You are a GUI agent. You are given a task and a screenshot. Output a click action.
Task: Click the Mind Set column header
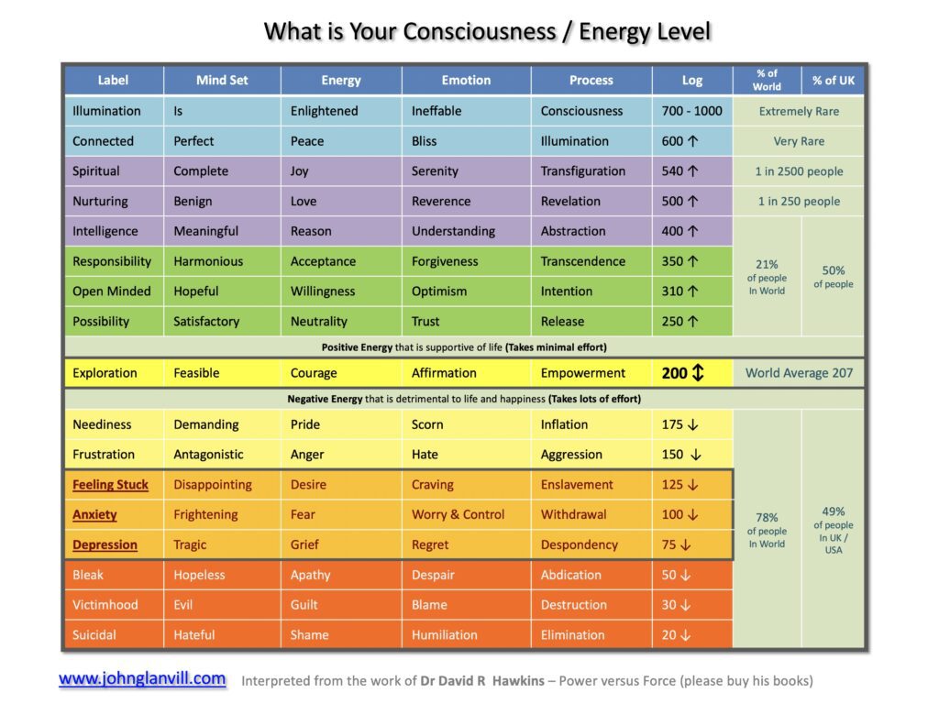(x=222, y=81)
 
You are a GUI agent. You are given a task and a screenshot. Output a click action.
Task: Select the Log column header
(x=692, y=81)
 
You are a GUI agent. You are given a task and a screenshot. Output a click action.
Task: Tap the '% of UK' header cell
(x=833, y=81)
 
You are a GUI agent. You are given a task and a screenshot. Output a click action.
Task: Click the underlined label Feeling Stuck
(x=110, y=485)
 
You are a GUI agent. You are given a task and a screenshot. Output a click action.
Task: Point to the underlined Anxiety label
(x=94, y=515)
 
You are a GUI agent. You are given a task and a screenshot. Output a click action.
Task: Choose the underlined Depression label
(x=105, y=544)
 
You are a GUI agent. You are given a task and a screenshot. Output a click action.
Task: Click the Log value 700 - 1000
(x=691, y=111)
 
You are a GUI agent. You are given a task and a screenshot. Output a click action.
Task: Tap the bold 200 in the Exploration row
(x=674, y=373)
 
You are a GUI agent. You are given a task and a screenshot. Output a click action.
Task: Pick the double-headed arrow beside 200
(x=698, y=373)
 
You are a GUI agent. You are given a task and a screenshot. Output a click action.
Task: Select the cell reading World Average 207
(x=799, y=373)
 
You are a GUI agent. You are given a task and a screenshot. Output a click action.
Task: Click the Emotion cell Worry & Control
(x=458, y=514)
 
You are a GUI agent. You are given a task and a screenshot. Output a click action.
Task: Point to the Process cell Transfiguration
(x=582, y=171)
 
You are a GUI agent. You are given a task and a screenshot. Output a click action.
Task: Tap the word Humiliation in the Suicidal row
(x=445, y=634)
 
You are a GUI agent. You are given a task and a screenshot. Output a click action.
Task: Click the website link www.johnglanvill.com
(x=142, y=678)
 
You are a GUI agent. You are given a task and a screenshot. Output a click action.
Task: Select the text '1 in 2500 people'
(x=799, y=171)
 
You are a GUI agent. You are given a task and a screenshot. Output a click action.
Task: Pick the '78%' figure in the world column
(x=767, y=517)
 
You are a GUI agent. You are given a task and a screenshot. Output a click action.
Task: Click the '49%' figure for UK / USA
(x=833, y=511)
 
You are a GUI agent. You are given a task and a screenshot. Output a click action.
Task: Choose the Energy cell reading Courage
(x=314, y=373)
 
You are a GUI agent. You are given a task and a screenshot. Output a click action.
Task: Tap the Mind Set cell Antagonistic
(x=208, y=455)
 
